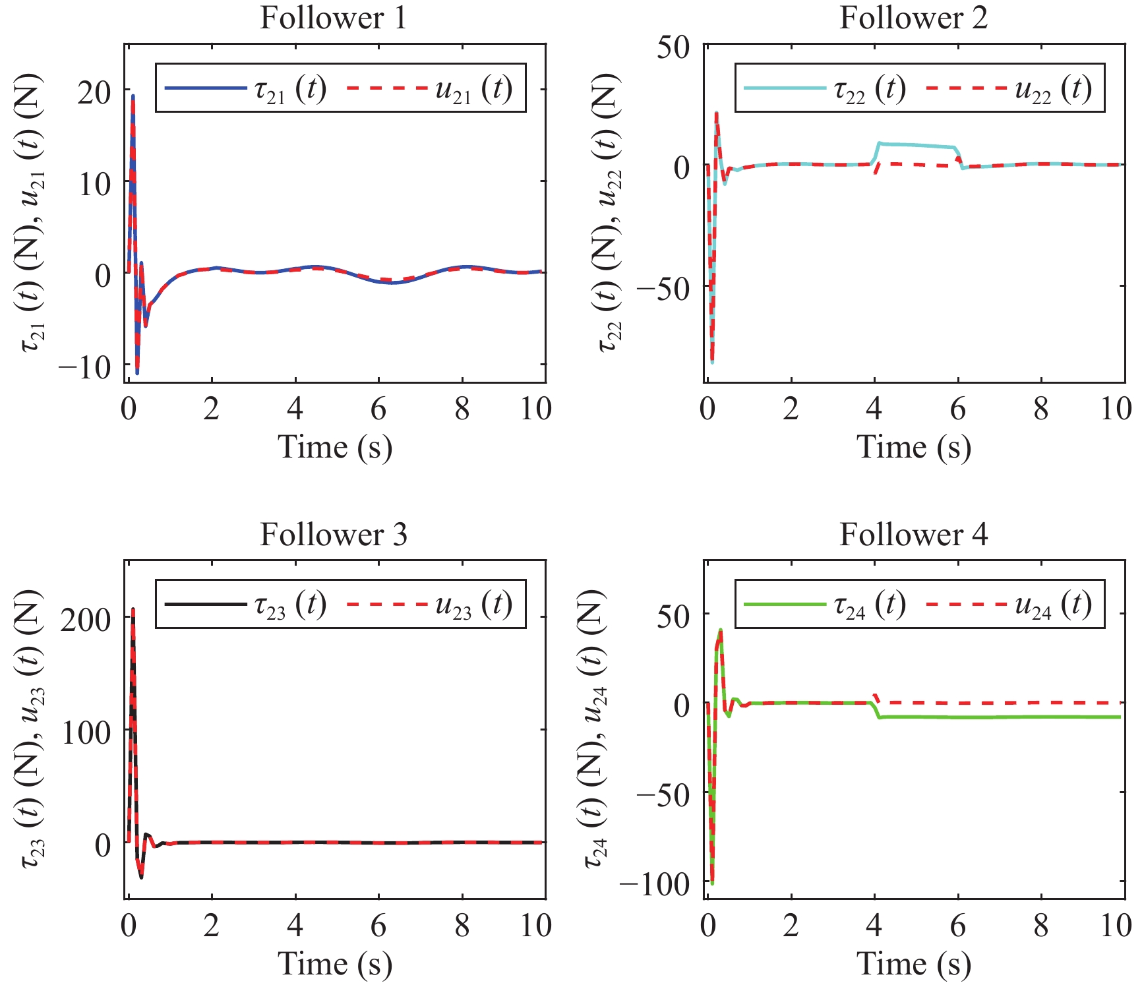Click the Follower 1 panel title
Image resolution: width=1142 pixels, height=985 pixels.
334,18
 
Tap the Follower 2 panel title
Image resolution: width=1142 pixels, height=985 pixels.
913,18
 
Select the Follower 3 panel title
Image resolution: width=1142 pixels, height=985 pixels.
334,534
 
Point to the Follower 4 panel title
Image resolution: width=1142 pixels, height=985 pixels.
913,534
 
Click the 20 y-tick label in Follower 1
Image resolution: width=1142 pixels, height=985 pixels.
94,92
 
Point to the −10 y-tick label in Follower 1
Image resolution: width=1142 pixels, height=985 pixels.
85,367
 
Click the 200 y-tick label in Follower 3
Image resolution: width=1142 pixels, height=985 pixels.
86,619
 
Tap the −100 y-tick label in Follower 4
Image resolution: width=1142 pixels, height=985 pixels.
654,883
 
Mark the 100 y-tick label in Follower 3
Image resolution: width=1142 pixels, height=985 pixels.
86,732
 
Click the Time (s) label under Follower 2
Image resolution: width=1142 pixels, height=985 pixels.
913,448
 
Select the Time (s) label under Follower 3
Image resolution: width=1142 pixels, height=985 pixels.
334,964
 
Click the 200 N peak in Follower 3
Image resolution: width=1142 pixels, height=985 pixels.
133,611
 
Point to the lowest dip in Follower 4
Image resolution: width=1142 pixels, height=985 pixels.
712,883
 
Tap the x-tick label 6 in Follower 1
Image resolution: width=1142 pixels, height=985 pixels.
378,409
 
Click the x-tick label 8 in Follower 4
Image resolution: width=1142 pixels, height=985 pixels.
1041,926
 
